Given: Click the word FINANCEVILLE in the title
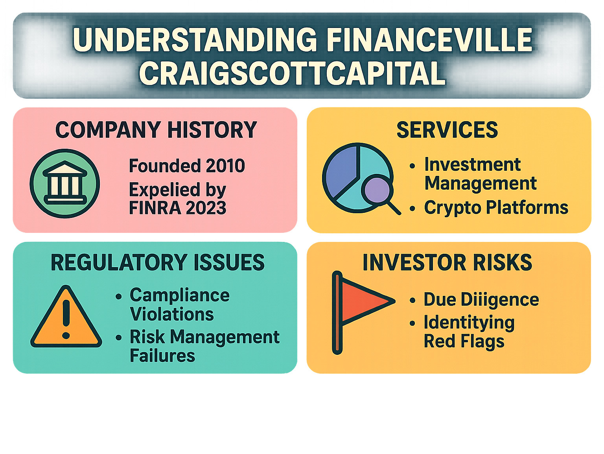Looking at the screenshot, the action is (429, 39).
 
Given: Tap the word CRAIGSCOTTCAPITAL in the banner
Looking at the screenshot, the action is (292, 73).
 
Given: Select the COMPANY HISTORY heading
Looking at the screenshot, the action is (156, 130).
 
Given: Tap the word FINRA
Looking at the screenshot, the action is (155, 208).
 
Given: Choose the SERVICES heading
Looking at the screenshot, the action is (447, 130).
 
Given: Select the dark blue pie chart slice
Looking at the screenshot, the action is (341, 171).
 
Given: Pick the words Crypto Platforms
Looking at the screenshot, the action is (496, 208).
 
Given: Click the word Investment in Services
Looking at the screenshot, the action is (473, 164).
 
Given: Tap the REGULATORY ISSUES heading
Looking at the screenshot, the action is (158, 262).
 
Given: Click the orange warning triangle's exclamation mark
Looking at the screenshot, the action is (66, 319).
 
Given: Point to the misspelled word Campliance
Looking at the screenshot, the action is (180, 295).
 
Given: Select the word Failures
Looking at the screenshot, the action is (162, 356).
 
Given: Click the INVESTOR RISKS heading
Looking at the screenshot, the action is (447, 262).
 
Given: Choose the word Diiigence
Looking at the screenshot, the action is (500, 299).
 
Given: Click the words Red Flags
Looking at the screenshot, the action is (464, 342).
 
